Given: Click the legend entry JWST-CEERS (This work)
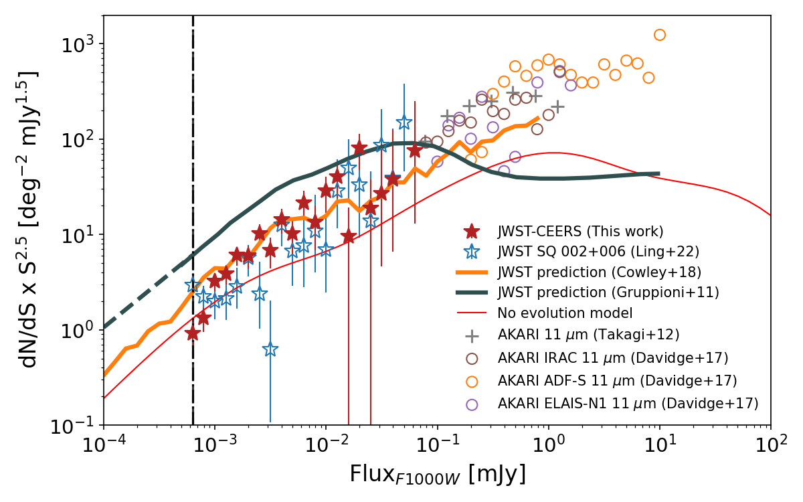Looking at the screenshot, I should pos(580,232).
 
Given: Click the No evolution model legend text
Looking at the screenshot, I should pos(565,313).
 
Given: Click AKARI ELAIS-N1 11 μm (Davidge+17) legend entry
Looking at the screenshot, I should pos(628,404).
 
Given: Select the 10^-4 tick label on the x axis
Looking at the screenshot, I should pos(104,445).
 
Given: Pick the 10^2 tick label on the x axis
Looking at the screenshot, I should pos(770,445).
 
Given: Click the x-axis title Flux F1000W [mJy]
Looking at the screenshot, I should pos(437,474).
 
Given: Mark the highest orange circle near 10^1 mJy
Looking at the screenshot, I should pos(660,35).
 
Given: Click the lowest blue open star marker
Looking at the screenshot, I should pos(270,349).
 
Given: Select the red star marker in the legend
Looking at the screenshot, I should pos(472,232).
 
